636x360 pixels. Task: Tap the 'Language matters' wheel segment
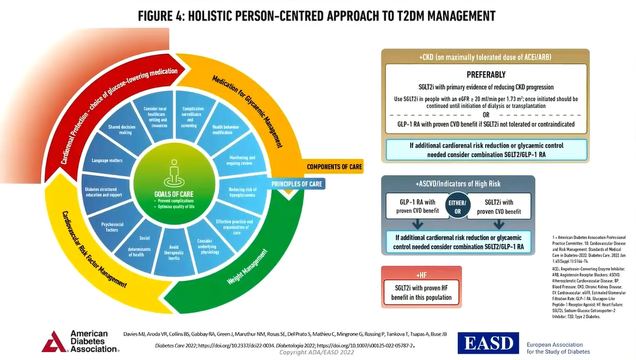point(107,161)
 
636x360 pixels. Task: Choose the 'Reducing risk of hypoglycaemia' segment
point(236,193)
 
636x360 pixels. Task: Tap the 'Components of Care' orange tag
point(334,167)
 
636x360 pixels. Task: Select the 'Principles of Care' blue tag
point(297,184)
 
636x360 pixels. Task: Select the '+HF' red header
point(421,274)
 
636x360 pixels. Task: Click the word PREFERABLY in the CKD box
point(486,74)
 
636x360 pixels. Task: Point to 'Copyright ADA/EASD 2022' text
point(316,353)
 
